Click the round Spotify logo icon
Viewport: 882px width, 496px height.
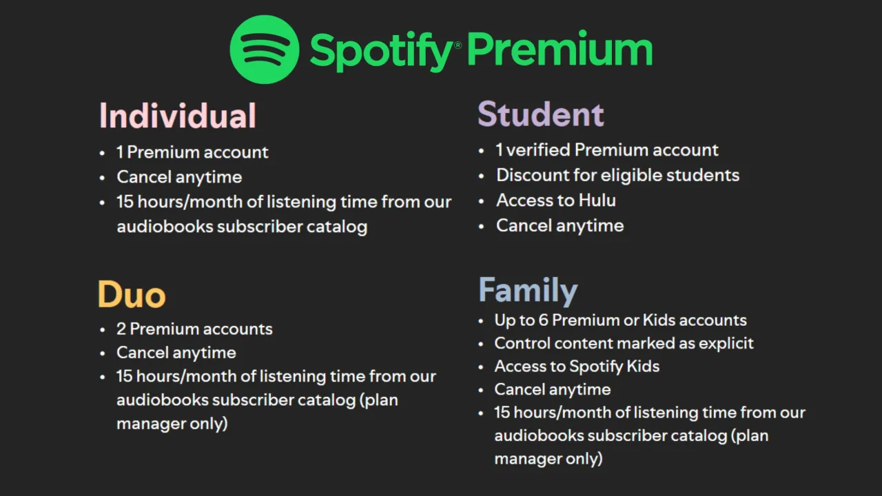coord(265,50)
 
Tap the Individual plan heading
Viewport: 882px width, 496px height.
coord(177,116)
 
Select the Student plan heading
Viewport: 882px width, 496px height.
coord(540,114)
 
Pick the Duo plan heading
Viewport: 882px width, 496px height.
coord(131,294)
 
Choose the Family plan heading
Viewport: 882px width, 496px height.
coord(528,290)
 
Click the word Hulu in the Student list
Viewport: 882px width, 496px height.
coord(597,200)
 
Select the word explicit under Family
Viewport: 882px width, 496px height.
coord(726,343)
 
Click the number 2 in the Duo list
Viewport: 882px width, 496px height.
coord(121,329)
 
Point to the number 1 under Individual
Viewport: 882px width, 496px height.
coord(120,152)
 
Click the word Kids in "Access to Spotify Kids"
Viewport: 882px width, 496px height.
coord(642,366)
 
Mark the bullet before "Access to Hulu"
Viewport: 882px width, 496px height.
coord(482,201)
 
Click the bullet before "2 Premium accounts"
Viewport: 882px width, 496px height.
coord(102,330)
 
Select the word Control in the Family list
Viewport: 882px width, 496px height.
coord(522,343)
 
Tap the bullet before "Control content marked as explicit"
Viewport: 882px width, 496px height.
coord(480,344)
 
